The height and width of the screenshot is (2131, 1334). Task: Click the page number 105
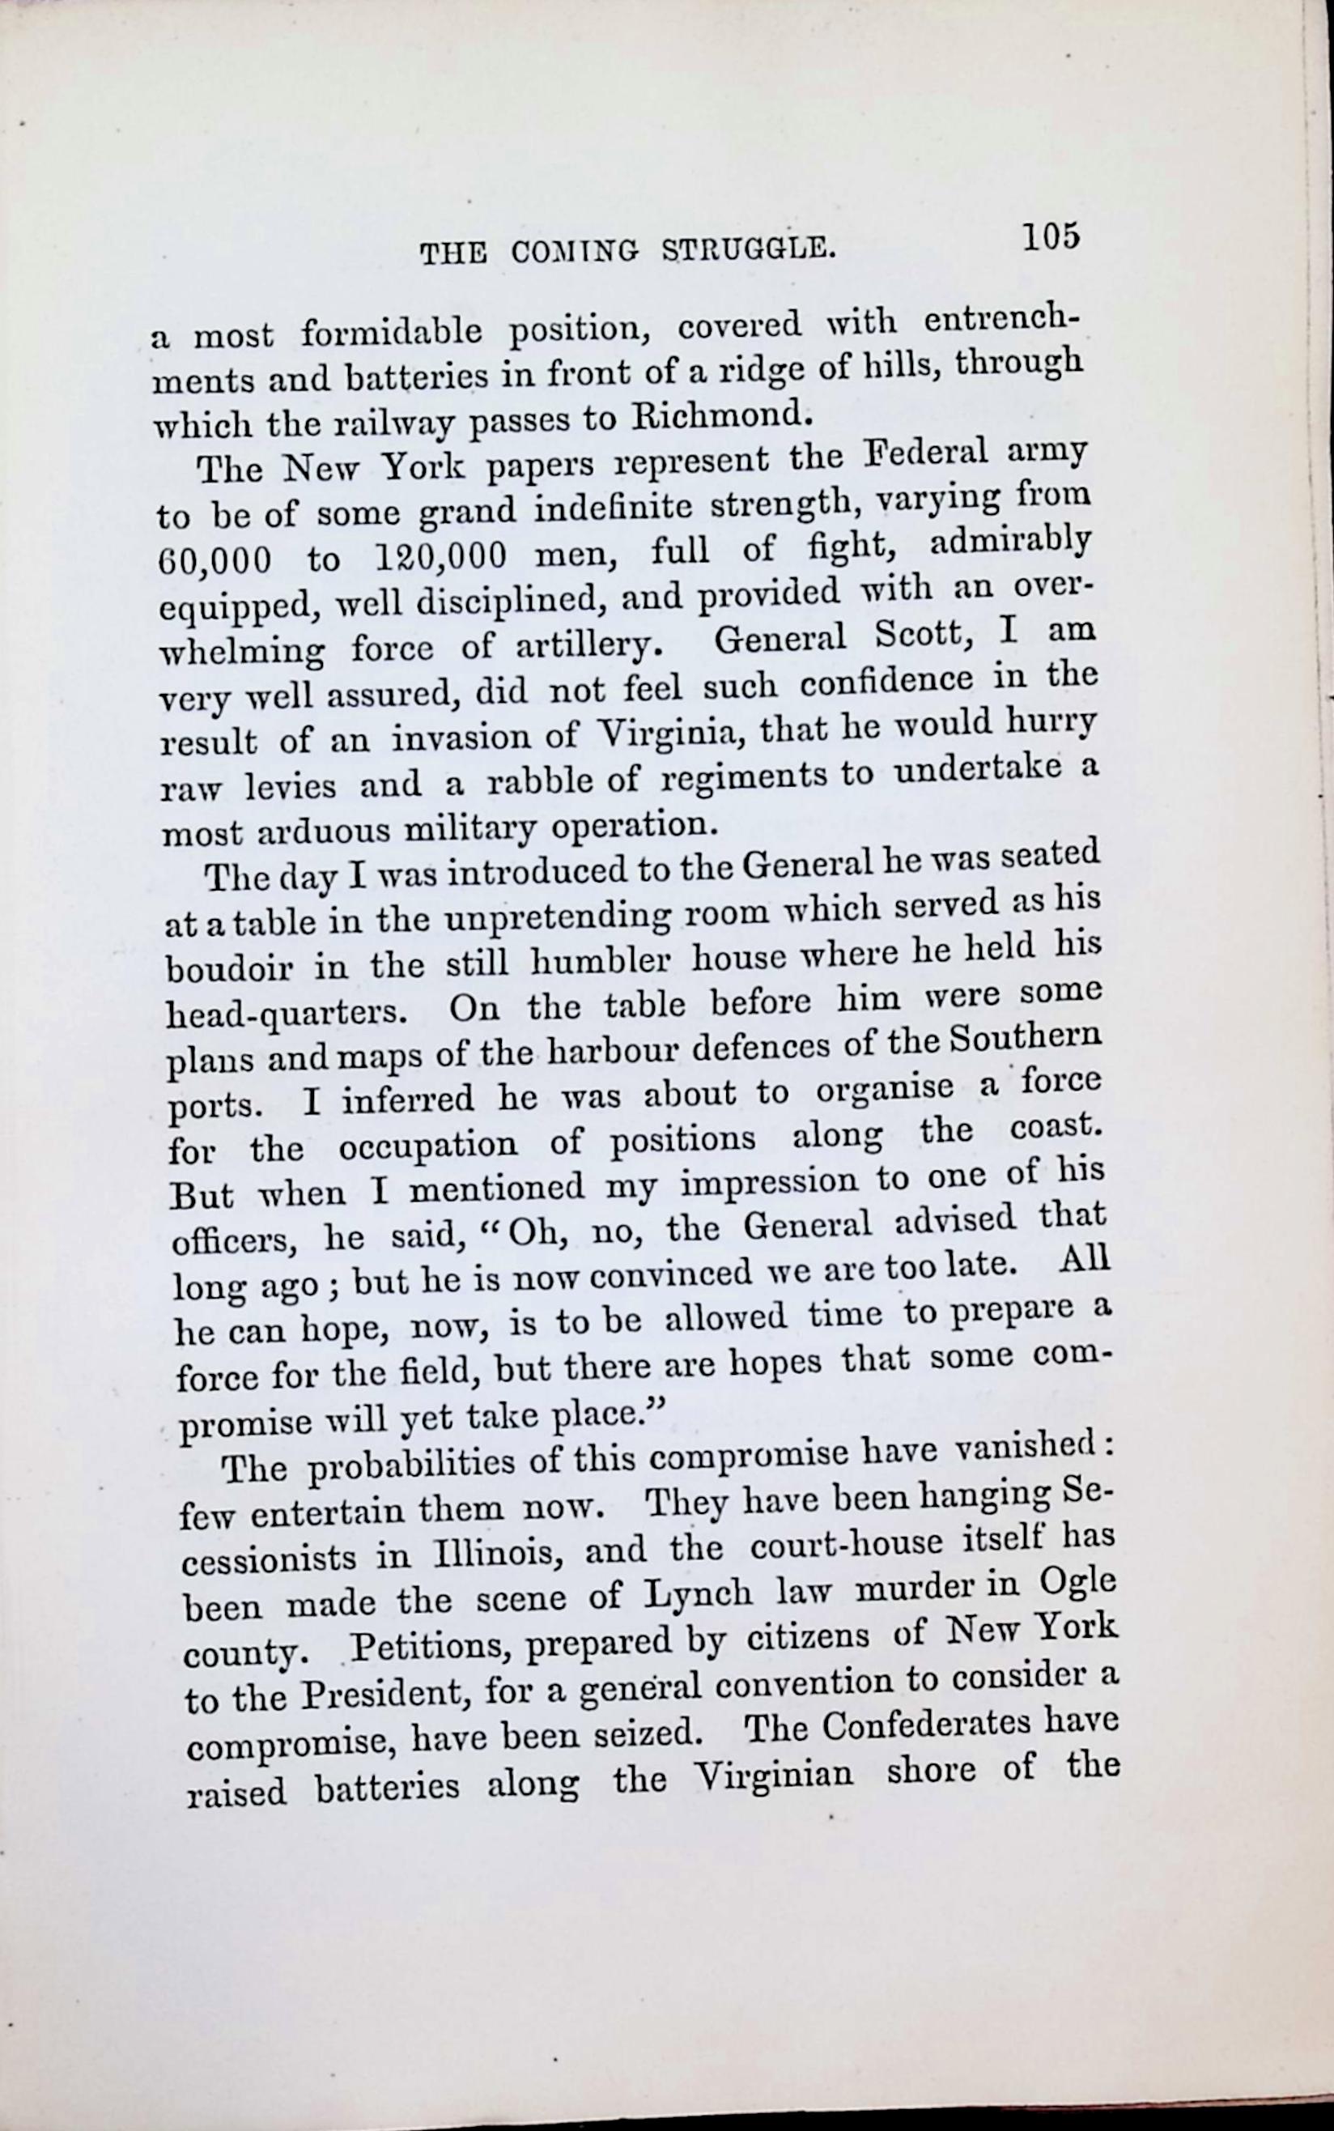(x=1051, y=237)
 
